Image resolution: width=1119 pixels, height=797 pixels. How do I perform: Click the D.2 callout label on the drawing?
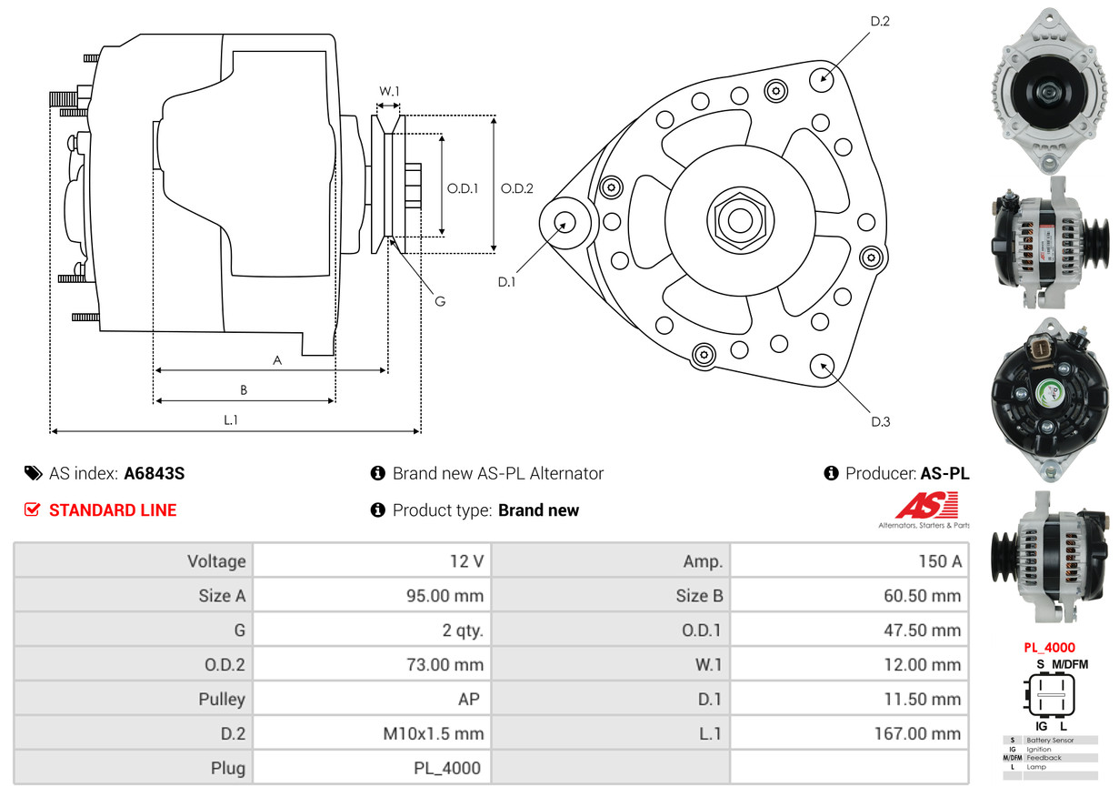(x=880, y=21)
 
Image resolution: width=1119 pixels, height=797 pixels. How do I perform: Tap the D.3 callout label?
(x=880, y=422)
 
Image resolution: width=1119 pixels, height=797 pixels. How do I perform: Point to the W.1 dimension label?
(x=389, y=91)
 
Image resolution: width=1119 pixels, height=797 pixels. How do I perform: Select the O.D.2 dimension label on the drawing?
(x=517, y=188)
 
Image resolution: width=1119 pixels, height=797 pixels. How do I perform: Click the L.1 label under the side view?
(x=231, y=420)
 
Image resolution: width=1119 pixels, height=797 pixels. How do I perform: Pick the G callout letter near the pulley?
(x=440, y=301)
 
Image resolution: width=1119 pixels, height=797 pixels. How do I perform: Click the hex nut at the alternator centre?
(x=740, y=220)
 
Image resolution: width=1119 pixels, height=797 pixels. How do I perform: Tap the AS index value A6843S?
(x=155, y=473)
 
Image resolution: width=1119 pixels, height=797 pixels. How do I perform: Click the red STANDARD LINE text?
(x=113, y=510)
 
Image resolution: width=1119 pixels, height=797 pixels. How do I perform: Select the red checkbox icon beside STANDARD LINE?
(x=32, y=509)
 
